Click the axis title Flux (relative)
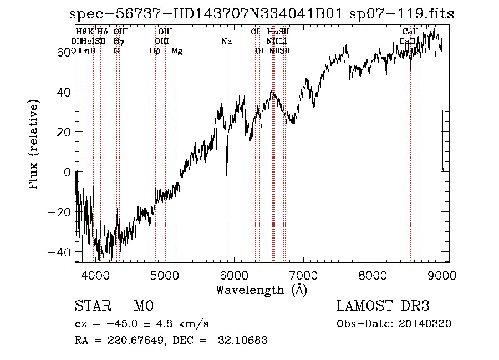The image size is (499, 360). tap(35, 145)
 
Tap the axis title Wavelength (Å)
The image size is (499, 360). tap(261, 290)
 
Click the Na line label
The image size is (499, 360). tap(226, 41)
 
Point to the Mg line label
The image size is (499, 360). tap(177, 51)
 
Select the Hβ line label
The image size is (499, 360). tap(155, 51)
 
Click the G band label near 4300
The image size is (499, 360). tap(116, 51)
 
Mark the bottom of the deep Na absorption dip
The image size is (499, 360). tap(227, 176)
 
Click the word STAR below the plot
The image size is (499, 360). tap(93, 306)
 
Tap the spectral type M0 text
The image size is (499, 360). tap(143, 306)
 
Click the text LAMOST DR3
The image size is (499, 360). tap(383, 306)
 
